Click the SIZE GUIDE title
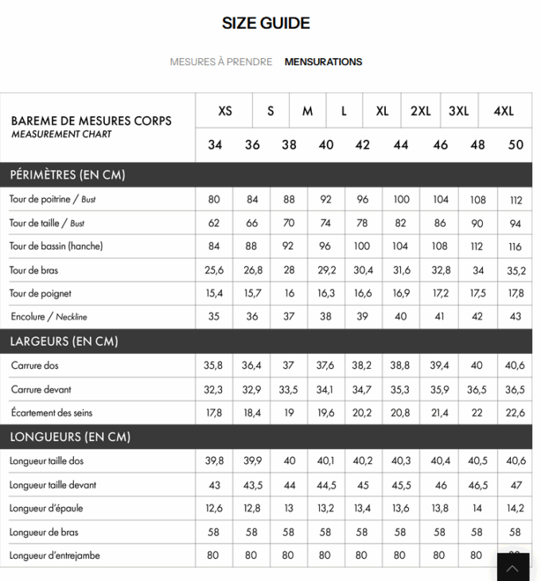[x=266, y=24]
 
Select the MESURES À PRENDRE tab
[x=220, y=62]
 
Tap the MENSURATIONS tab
[x=323, y=62]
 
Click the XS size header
[x=225, y=111]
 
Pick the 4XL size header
[x=503, y=111]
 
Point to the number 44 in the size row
[x=400, y=145]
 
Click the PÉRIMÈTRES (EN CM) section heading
[x=68, y=175]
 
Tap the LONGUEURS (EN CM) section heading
[x=69, y=436]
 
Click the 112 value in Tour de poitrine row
[x=516, y=200]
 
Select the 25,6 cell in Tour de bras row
[x=214, y=271]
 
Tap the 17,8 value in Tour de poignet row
[x=516, y=295]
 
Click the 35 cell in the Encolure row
[x=214, y=318]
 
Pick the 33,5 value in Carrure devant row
[x=289, y=389]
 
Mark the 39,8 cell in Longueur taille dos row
[x=214, y=461]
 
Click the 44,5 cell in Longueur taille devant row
[x=326, y=485]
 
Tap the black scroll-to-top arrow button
[x=513, y=567]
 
